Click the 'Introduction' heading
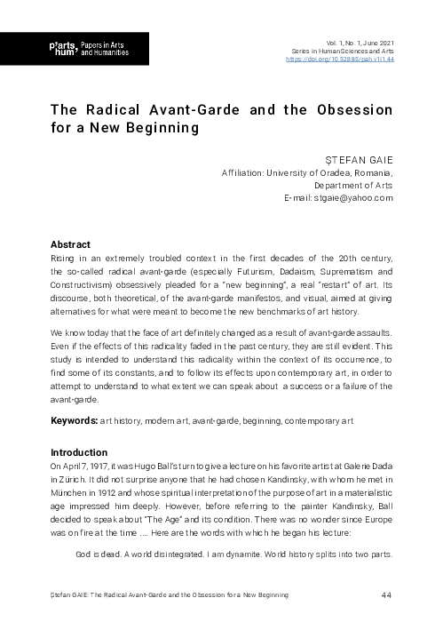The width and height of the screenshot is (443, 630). pyautogui.click(x=79, y=451)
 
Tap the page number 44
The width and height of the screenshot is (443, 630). pyautogui.click(x=386, y=594)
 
